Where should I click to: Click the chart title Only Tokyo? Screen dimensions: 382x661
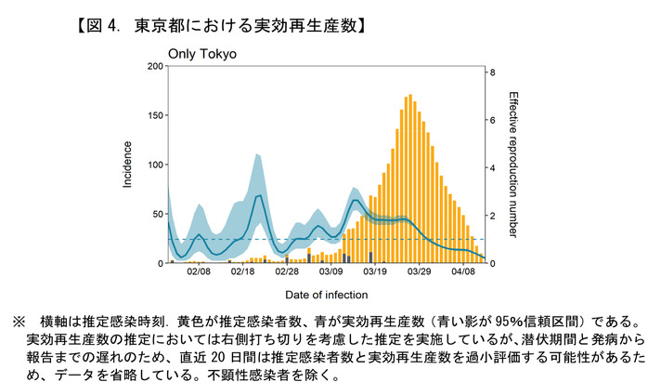[x=201, y=54]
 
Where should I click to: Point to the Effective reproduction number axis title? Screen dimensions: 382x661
[x=513, y=165]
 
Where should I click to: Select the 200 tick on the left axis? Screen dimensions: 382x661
[x=152, y=67]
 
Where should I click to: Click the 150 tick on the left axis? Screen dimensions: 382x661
[x=152, y=116]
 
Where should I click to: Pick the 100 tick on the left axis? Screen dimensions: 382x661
[x=152, y=165]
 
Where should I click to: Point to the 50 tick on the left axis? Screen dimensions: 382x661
[x=155, y=215]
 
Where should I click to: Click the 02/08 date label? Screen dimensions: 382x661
[x=198, y=273]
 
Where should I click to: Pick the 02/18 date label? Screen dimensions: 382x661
[x=242, y=273]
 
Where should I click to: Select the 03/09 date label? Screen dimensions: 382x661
[x=330, y=273]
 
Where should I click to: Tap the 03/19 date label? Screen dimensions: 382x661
[x=375, y=273]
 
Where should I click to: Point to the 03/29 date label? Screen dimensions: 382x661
[x=420, y=273]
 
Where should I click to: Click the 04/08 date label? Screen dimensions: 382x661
[x=463, y=273]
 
